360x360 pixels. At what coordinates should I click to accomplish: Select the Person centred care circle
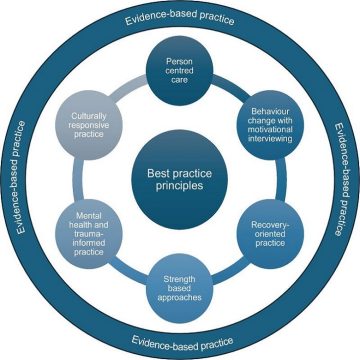[x=180, y=69]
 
